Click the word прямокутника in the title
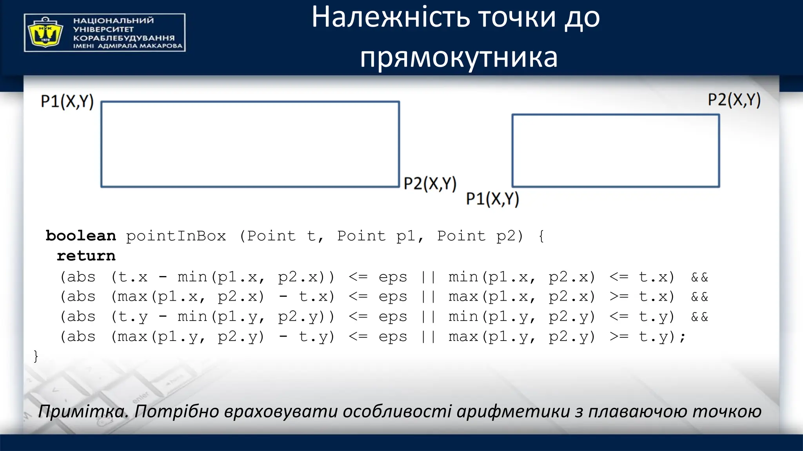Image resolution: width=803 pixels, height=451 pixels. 458,58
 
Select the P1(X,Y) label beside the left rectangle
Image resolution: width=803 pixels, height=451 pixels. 67,101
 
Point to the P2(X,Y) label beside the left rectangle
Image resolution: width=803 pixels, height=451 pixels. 430,184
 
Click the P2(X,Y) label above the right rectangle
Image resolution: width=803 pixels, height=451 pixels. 734,100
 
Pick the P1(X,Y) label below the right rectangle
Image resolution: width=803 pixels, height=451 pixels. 492,199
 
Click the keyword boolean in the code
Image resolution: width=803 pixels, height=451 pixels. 81,236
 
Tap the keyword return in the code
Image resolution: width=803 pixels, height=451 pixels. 86,256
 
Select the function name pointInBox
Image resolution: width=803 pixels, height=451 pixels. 176,236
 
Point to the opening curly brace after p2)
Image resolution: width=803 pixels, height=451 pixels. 541,236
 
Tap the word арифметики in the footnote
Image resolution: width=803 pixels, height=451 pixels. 513,411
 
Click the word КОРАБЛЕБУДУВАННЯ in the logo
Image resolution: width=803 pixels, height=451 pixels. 124,38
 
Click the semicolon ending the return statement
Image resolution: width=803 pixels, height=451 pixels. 683,337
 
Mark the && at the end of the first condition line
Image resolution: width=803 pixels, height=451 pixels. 699,278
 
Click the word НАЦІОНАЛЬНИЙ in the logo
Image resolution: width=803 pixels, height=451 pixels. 113,20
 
